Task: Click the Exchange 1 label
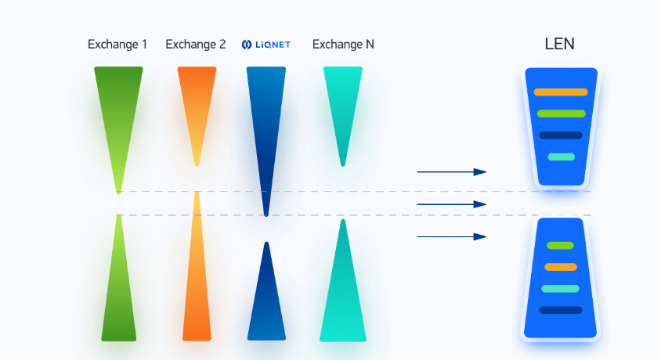(x=117, y=45)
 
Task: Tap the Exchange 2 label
(x=196, y=45)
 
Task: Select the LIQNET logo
(x=266, y=45)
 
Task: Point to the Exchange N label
(x=343, y=45)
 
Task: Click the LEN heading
(x=559, y=44)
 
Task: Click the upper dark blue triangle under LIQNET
(x=266, y=117)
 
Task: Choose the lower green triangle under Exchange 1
(x=119, y=297)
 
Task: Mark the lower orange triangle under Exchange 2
(x=197, y=290)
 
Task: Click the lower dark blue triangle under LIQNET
(x=266, y=305)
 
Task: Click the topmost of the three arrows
(x=451, y=171)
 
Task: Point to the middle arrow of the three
(x=451, y=204)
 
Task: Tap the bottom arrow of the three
(x=451, y=236)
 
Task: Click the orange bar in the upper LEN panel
(x=561, y=92)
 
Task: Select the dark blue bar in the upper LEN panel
(x=561, y=135)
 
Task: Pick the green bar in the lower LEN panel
(x=560, y=246)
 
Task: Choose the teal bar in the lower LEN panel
(x=560, y=289)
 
